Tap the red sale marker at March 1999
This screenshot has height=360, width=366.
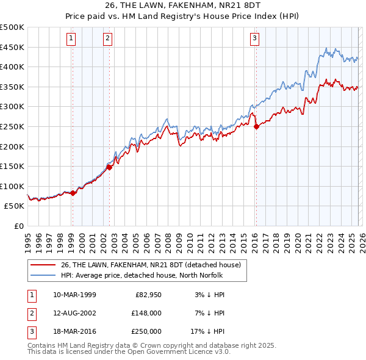point(73,193)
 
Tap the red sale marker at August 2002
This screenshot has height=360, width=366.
point(109,167)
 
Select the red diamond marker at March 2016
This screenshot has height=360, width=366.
point(256,127)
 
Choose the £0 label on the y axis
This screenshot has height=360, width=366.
point(19,226)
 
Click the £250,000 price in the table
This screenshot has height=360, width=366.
point(146,331)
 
